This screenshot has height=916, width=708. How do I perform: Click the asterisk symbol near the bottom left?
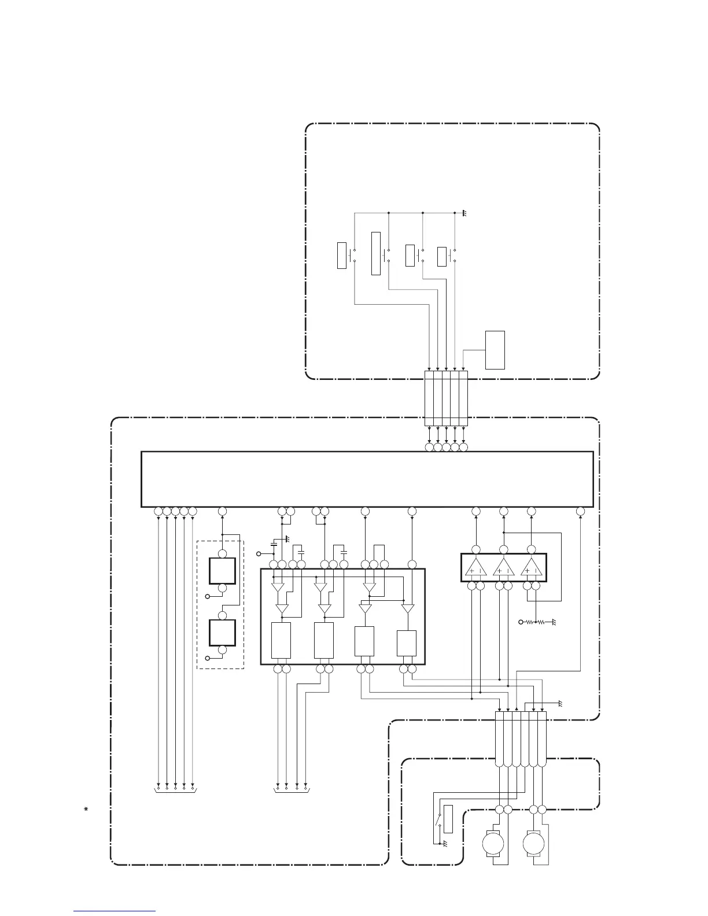click(x=86, y=808)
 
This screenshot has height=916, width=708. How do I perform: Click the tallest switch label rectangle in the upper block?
click(x=376, y=253)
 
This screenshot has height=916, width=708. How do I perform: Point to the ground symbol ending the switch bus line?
click(x=464, y=214)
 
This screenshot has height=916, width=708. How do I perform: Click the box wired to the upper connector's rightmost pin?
click(x=495, y=350)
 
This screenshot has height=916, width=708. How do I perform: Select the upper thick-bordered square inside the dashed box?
click(x=222, y=571)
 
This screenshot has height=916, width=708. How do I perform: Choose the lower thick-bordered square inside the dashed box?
click(x=222, y=633)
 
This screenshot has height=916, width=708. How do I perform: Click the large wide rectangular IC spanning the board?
click(x=367, y=479)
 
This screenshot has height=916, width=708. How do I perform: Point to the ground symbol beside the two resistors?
click(x=553, y=622)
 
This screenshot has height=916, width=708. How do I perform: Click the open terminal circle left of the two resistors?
click(x=521, y=622)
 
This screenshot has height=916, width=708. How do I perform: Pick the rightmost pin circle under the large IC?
click(x=581, y=511)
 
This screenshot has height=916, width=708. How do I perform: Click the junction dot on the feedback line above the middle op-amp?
click(x=504, y=532)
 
